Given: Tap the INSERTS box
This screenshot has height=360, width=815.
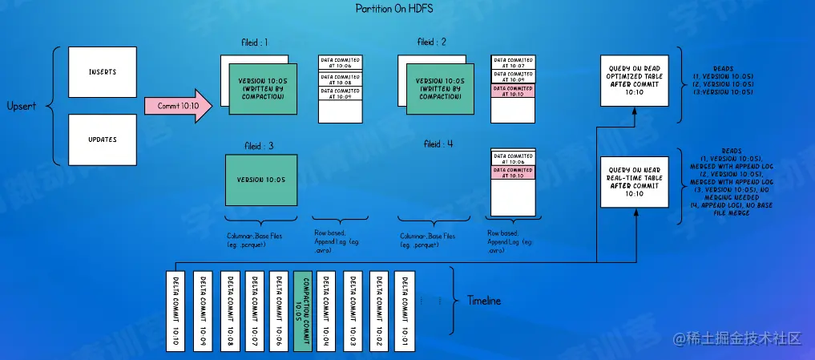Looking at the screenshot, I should (x=103, y=72).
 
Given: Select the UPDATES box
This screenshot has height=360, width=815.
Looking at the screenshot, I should (x=103, y=140).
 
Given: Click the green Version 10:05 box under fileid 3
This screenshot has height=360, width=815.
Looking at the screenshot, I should (x=262, y=180).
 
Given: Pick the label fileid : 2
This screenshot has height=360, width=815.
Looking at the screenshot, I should (x=432, y=42).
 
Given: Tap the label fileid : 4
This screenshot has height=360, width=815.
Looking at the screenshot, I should (x=438, y=144).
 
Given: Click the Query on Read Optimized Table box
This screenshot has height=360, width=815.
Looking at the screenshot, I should (x=634, y=81).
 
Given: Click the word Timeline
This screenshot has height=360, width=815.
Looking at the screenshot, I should (x=483, y=301).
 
